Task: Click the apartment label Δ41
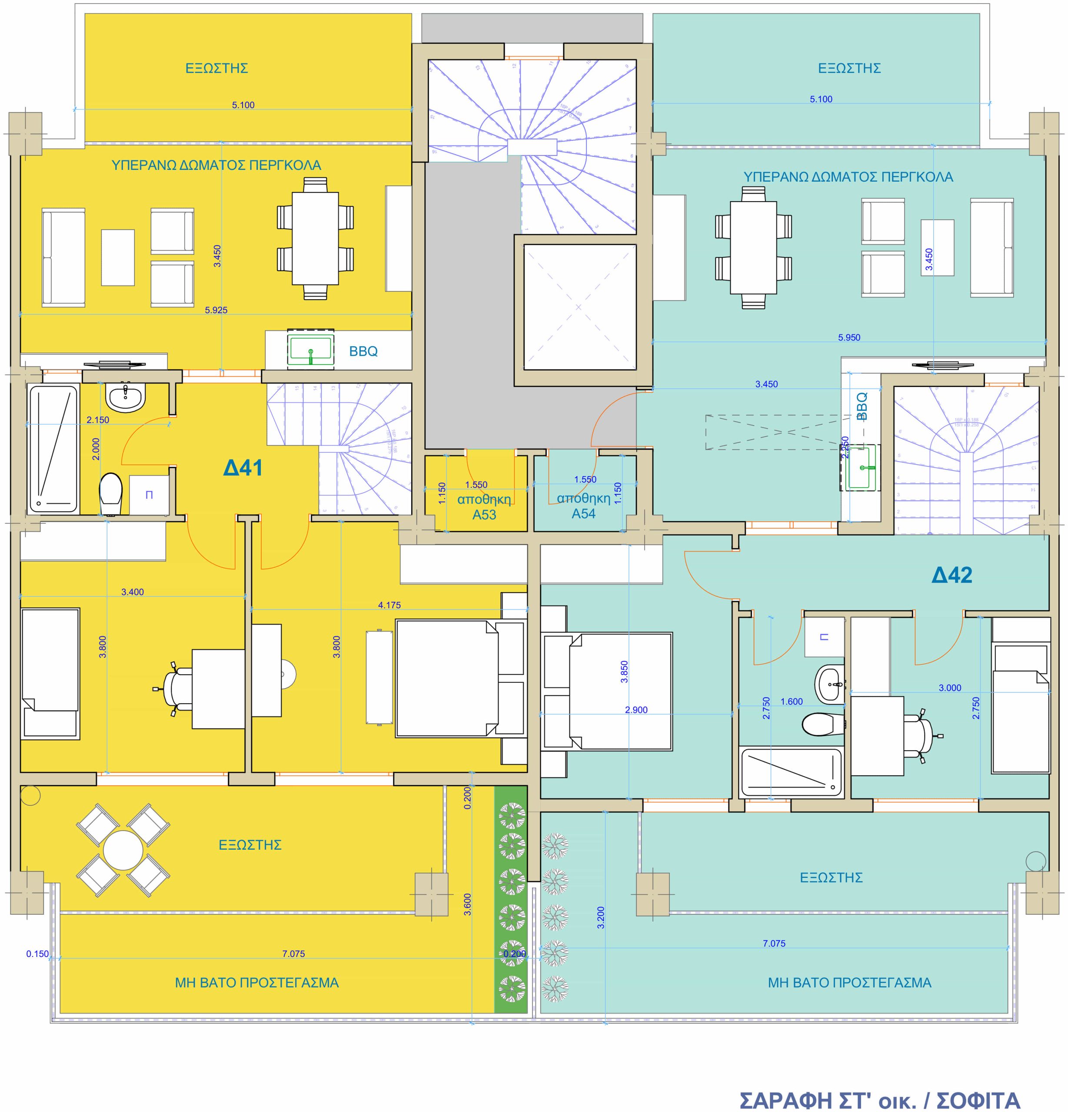click(x=243, y=468)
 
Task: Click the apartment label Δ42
click(x=952, y=575)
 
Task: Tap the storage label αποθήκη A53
click(x=484, y=506)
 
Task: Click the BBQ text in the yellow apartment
click(x=363, y=351)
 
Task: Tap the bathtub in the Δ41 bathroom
click(x=53, y=449)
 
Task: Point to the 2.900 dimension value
click(x=636, y=710)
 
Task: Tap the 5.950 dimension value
click(x=849, y=338)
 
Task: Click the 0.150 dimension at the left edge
click(x=37, y=954)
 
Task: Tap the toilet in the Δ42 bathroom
click(x=819, y=723)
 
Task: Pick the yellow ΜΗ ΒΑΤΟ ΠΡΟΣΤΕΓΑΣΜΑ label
click(x=256, y=983)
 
